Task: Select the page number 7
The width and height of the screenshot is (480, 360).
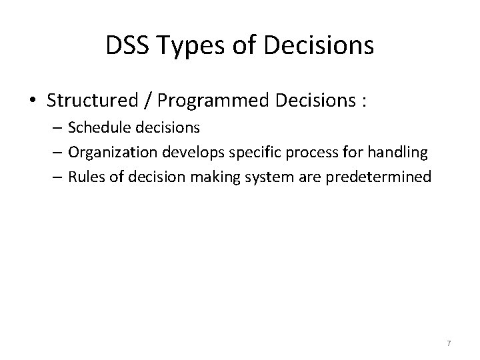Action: pyautogui.click(x=449, y=343)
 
